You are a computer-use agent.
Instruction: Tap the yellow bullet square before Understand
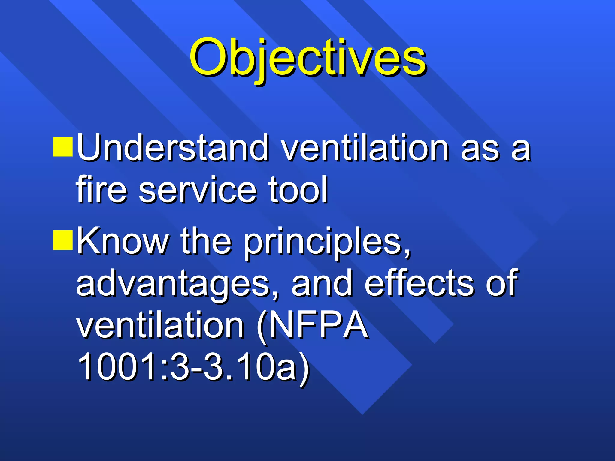tap(63, 147)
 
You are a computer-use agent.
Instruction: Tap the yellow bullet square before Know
tap(63, 240)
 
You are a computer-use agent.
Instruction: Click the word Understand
tap(173, 148)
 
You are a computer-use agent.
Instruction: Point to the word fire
tap(101, 190)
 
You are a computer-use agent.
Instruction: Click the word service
tap(197, 190)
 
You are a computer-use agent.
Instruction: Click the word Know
tap(123, 241)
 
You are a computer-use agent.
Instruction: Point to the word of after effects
tap(501, 283)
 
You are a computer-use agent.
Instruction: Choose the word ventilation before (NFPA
tap(160, 325)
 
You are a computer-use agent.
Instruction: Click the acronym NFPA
tap(318, 325)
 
